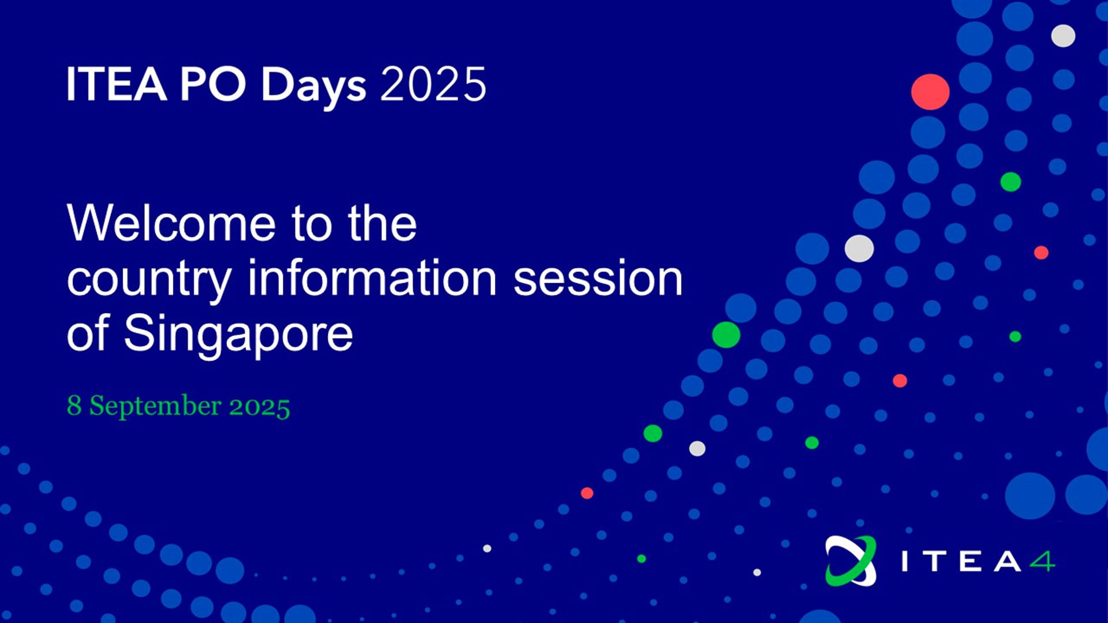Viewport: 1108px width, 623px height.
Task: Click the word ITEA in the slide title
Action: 117,84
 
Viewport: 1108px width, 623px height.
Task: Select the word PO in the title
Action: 213,84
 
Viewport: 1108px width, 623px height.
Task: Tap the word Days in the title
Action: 313,87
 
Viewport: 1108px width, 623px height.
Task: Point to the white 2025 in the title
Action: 433,84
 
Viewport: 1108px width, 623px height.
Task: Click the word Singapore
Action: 238,335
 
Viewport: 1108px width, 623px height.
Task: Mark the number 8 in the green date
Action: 74,405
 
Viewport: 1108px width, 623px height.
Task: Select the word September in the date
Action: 155,406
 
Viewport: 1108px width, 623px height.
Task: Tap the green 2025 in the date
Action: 260,406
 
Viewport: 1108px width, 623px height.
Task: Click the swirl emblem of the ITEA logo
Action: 851,561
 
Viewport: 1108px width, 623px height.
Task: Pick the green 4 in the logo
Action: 1043,561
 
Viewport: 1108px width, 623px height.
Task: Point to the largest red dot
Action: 930,92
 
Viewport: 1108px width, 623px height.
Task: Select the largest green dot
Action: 726,335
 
